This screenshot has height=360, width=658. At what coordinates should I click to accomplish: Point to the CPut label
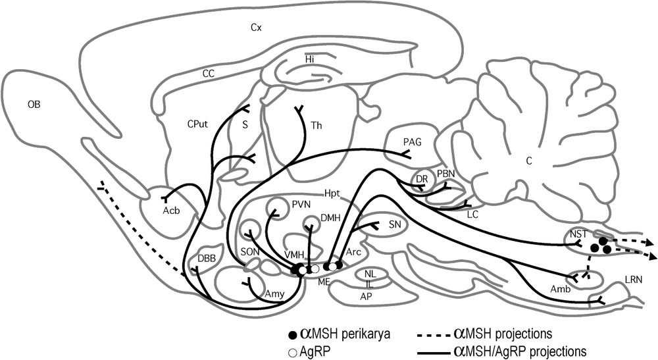coord(197,123)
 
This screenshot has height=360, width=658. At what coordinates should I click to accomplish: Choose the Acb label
coord(171,211)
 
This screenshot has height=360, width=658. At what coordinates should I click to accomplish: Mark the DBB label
coord(198,258)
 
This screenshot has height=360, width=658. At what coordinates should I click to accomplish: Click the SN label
coord(395,224)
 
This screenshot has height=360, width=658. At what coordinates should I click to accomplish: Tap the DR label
coord(422,179)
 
